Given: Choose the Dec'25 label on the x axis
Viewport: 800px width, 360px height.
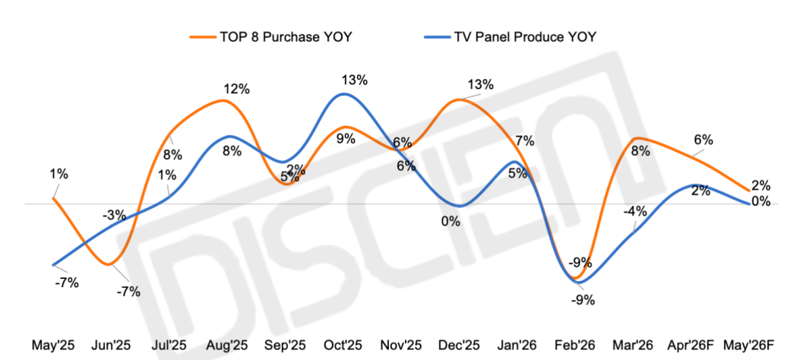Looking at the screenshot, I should (x=460, y=346).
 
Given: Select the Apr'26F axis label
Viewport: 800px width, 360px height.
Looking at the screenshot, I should (x=691, y=346).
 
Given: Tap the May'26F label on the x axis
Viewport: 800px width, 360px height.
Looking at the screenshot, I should (x=749, y=346).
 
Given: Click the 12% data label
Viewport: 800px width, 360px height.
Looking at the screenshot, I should (x=236, y=89).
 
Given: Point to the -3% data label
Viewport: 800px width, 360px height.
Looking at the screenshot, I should (x=114, y=215).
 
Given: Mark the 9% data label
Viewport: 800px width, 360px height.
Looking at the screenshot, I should (x=346, y=138).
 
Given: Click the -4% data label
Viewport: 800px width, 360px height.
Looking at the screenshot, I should (x=635, y=211).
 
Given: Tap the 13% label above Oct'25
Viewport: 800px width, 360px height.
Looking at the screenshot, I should (x=354, y=80).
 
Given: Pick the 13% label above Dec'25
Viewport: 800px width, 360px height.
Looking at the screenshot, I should (x=480, y=84).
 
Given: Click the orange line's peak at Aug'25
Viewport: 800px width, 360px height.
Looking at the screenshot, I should (x=226, y=100).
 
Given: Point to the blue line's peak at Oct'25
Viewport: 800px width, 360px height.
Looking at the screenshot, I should (x=344, y=94).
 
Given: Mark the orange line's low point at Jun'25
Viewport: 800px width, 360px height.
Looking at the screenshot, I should (x=110, y=264).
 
